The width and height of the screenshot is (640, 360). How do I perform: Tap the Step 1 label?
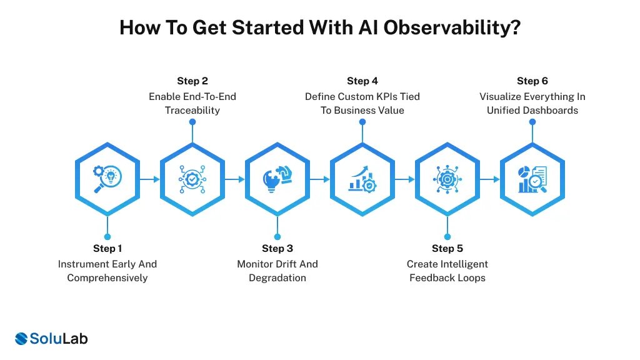click(107, 249)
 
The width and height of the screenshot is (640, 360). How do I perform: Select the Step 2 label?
click(192, 81)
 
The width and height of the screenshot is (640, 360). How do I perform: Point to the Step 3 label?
click(277, 249)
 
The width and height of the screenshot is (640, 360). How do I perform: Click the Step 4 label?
click(362, 81)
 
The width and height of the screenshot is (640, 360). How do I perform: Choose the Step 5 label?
click(447, 249)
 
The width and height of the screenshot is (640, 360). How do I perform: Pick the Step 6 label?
click(532, 81)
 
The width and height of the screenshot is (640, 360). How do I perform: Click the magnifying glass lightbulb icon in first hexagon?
click(107, 179)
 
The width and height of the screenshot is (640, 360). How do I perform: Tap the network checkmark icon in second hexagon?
click(192, 179)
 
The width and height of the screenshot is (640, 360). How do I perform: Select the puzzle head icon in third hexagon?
click(277, 179)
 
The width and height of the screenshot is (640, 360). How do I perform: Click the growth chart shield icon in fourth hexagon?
click(362, 179)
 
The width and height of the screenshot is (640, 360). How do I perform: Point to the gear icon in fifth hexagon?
click(447, 179)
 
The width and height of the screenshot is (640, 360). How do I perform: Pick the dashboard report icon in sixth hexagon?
click(532, 179)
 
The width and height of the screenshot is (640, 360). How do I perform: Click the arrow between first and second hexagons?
click(150, 179)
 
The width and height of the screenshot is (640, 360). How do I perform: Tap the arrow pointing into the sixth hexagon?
click(490, 179)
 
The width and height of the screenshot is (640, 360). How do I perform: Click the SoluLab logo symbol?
click(22, 339)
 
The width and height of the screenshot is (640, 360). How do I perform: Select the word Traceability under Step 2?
click(192, 111)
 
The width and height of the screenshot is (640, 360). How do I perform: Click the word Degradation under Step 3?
click(277, 278)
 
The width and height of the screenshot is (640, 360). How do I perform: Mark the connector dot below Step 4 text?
click(362, 122)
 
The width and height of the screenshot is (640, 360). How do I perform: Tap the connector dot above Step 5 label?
click(447, 237)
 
